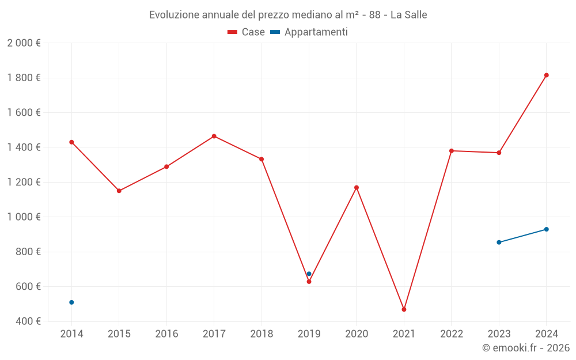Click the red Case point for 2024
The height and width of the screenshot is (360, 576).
tap(546, 75)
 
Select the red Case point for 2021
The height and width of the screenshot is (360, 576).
tap(404, 309)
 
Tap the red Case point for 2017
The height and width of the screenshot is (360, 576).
tap(214, 136)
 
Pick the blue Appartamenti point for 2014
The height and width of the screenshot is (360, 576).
tap(71, 302)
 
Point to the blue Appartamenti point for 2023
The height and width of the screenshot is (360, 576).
tap(499, 242)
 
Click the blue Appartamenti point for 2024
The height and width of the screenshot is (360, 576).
tap(546, 229)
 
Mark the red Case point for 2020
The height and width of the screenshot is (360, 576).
tap(357, 187)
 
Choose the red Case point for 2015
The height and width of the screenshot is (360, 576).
tap(119, 191)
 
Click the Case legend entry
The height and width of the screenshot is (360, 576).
tap(247, 32)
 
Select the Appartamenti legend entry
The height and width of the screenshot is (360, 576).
tap(309, 32)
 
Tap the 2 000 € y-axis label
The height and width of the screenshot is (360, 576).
tap(24, 43)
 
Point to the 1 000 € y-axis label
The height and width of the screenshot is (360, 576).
tap(24, 217)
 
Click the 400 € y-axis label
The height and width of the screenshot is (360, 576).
tap(28, 321)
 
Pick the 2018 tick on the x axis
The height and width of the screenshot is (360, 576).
tap(262, 334)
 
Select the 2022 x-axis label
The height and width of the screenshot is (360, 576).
tap(451, 334)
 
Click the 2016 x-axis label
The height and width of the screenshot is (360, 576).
tap(166, 334)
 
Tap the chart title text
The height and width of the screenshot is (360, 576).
tap(288, 15)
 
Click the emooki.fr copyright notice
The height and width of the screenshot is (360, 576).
tap(526, 348)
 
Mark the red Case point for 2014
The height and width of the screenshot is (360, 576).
tap(71, 142)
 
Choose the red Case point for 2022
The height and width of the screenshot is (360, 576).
tap(452, 151)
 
